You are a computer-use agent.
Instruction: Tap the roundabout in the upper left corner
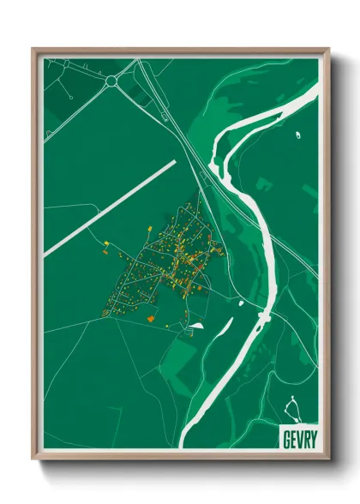click(x=111, y=81)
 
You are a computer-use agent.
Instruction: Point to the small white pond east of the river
click(x=299, y=135)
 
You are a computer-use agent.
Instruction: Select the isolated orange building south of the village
click(x=150, y=318)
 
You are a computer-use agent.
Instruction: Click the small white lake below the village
click(x=197, y=325)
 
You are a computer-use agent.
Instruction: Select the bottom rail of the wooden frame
click(x=180, y=454)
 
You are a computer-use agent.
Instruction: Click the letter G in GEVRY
click(x=286, y=436)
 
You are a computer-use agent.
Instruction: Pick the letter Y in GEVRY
click(x=311, y=436)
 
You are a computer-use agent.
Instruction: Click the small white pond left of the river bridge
click(x=241, y=303)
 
